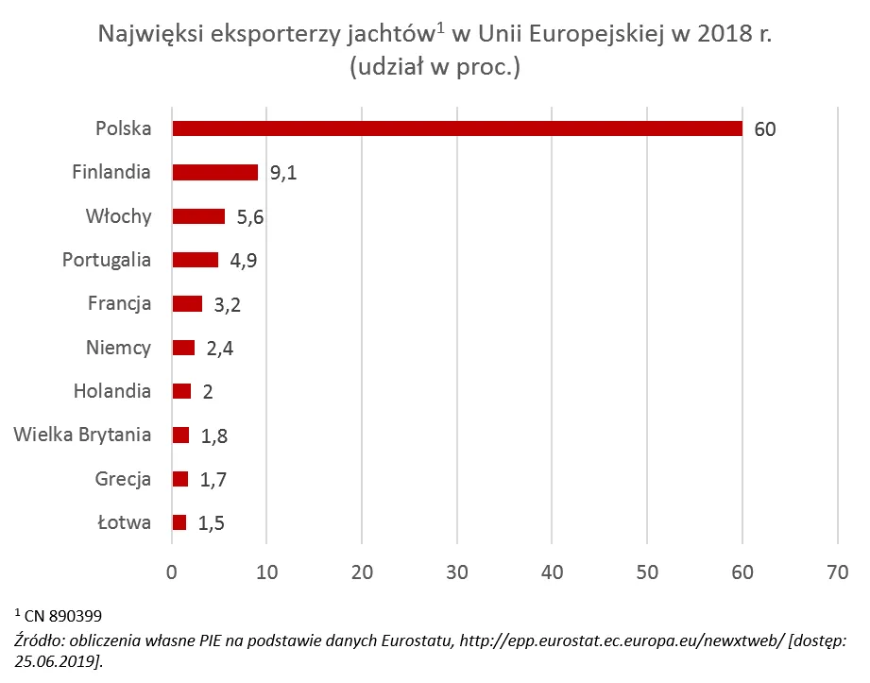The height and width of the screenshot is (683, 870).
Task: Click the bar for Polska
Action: pyautogui.click(x=457, y=128)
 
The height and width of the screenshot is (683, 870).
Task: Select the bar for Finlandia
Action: pyautogui.click(x=215, y=172)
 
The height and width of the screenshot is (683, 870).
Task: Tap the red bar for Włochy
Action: pyautogui.click(x=198, y=216)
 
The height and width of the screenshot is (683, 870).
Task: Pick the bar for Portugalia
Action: pyautogui.click(x=196, y=260)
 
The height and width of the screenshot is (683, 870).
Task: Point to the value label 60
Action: pyautogui.click(x=765, y=129)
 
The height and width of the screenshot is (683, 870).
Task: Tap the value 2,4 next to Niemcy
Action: pyautogui.click(x=219, y=349)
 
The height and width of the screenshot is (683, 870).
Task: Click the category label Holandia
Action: pyautogui.click(x=112, y=391)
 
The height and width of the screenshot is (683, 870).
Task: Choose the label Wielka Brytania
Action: pyautogui.click(x=82, y=435)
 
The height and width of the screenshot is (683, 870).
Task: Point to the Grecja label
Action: pyautogui.click(x=123, y=479)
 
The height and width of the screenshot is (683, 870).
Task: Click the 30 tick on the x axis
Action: pyautogui.click(x=457, y=572)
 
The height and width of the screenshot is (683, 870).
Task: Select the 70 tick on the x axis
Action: pyautogui.click(x=837, y=572)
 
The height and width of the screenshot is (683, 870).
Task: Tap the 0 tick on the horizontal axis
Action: pyautogui.click(x=172, y=572)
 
